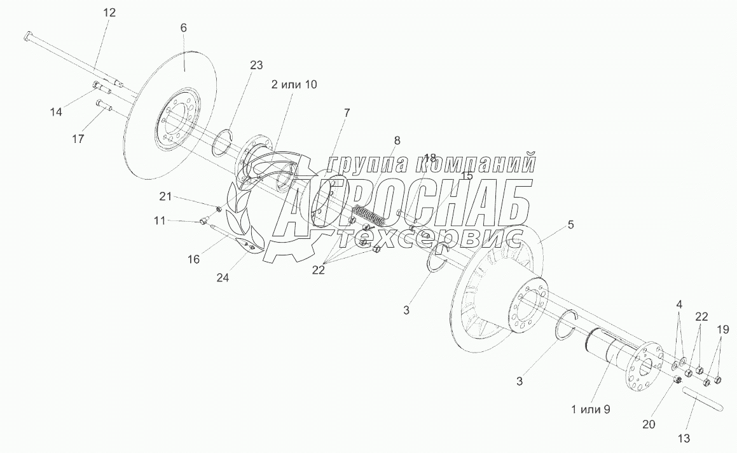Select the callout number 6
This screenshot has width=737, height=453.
point(183,28)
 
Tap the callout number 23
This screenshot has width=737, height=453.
point(256,65)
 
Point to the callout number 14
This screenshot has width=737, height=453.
point(57,112)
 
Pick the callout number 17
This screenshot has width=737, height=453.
point(78,139)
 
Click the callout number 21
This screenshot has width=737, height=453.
point(165,196)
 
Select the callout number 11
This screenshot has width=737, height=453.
point(160,220)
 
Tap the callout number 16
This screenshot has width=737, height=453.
point(193,259)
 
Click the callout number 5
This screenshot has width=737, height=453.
point(570,224)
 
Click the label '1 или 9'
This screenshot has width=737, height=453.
point(589,409)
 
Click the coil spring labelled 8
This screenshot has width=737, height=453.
point(369,215)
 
